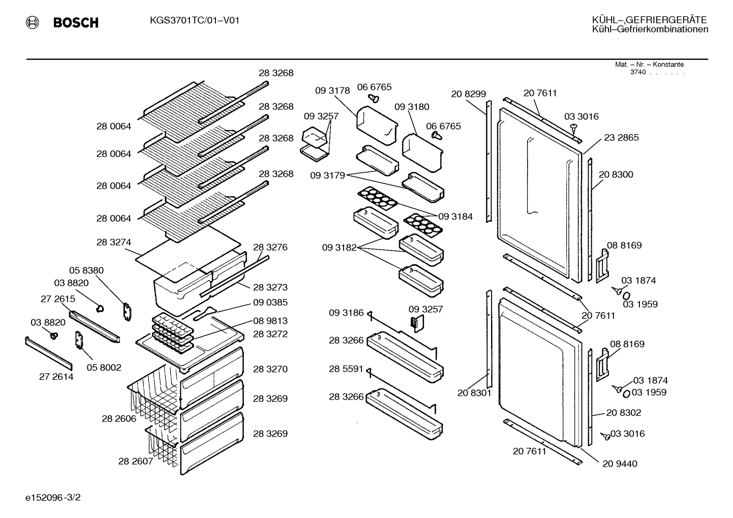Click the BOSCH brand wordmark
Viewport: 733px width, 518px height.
76,22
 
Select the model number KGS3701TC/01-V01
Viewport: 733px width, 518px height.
195,20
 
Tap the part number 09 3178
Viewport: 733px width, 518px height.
332,90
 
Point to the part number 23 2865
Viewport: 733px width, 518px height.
621,137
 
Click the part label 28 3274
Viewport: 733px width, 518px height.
113,242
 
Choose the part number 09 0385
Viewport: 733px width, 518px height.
270,302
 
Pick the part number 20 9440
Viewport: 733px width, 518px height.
620,464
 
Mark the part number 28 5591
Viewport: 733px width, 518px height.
346,369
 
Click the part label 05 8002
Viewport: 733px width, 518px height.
104,368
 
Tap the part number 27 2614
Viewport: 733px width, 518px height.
56,377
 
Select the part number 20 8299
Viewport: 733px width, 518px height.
469,94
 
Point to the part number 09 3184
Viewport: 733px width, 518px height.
455,216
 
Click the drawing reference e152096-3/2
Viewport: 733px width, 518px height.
53,497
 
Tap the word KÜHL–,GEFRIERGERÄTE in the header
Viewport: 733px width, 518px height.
650,20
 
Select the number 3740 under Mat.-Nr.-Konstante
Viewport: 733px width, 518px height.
638,72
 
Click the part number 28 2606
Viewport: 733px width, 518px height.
119,418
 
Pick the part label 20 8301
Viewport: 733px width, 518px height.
474,392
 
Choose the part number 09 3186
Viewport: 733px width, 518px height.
346,313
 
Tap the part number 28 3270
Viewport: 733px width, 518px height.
270,369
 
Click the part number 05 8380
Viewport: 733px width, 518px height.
86,270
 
